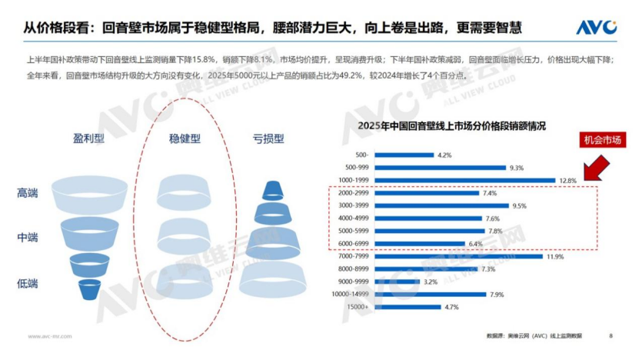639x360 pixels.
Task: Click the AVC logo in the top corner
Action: click(x=597, y=28)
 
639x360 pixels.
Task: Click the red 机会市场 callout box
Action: click(x=603, y=141)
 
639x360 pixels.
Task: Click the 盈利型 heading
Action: click(x=88, y=138)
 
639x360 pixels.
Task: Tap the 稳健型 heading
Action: click(x=185, y=138)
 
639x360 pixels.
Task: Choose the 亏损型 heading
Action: click(x=268, y=138)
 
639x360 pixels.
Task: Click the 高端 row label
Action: click(x=28, y=193)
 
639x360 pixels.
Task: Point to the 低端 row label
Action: click(x=28, y=284)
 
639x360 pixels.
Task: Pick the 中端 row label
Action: click(x=28, y=237)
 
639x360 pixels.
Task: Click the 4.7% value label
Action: click(x=451, y=307)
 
